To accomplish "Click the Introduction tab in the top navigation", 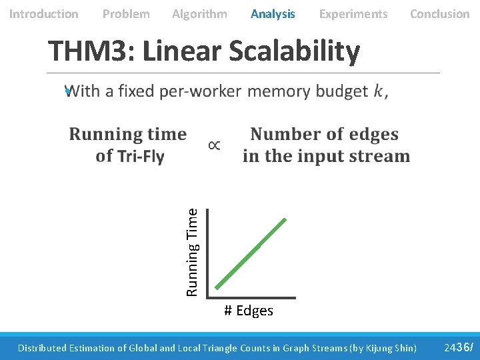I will click(x=43, y=14).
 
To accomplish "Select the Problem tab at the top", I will click(x=126, y=14).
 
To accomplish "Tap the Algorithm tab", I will click(x=199, y=14).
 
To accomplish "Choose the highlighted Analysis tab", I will click(x=273, y=14).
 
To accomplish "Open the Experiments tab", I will click(x=353, y=14).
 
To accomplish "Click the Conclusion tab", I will click(x=439, y=14).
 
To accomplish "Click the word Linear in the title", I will click(x=181, y=51).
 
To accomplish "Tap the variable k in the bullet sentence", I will click(x=378, y=92).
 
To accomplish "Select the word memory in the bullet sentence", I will click(x=273, y=91).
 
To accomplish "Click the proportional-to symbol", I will click(x=215, y=145).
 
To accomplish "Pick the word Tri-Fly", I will click(x=141, y=157).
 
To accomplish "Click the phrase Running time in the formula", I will click(x=128, y=135).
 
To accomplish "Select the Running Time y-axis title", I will click(x=192, y=252).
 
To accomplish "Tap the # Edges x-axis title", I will click(x=249, y=311).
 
